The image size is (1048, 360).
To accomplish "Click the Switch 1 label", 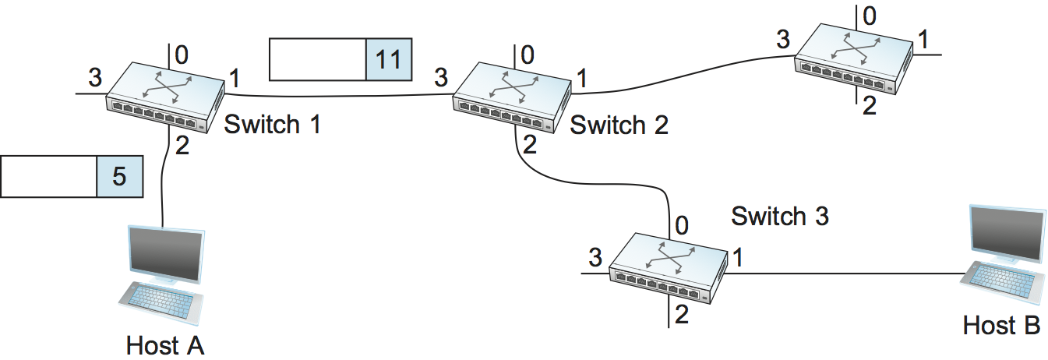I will (x=272, y=125).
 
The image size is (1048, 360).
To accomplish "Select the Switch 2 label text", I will (x=619, y=125).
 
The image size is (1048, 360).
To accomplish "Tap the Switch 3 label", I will (x=779, y=217).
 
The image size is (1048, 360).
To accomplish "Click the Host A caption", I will (x=165, y=345).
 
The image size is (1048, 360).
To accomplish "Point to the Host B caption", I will (x=1001, y=326).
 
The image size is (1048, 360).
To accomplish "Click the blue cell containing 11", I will (x=388, y=60).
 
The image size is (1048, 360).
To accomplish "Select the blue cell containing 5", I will (x=119, y=176).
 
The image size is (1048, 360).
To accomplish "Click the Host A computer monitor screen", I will (x=165, y=254).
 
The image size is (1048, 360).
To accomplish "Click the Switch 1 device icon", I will (x=165, y=100).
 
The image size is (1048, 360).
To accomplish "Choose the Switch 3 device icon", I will (x=668, y=266).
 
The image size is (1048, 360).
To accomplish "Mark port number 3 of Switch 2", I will (x=441, y=77).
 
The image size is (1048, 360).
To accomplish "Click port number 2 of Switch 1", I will (x=182, y=146).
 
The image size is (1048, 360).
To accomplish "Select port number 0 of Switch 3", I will (x=682, y=227).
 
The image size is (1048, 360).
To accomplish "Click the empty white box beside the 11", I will (x=317, y=60).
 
